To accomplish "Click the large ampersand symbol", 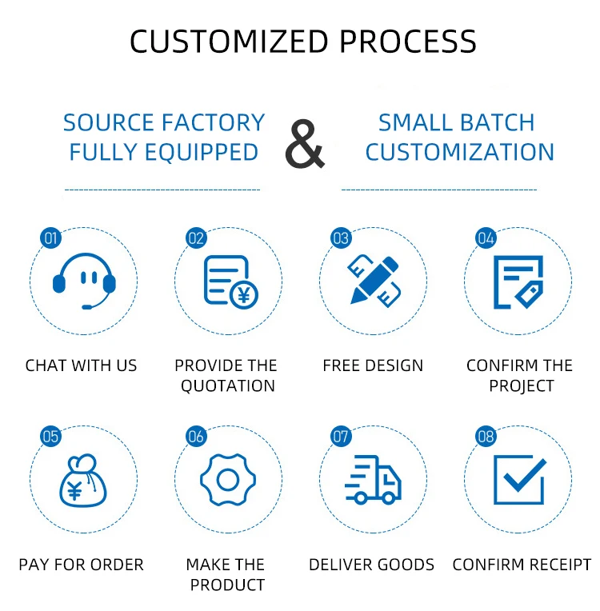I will click(305, 144).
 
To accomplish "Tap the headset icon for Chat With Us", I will click(84, 280).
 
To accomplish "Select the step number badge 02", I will click(196, 238).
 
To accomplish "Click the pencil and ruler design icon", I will click(374, 279).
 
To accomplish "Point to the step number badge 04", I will click(486, 238).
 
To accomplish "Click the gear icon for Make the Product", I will click(228, 480).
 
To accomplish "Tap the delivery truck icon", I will click(374, 480).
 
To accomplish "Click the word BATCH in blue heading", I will click(495, 123).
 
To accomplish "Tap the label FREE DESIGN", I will click(373, 365).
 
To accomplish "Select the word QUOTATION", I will click(228, 385).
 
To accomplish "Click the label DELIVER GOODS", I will click(372, 565).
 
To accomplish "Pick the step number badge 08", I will click(486, 437).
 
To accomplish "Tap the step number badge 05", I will click(50, 437).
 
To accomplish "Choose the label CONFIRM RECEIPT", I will click(522, 565).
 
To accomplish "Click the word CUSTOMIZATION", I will click(460, 152).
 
